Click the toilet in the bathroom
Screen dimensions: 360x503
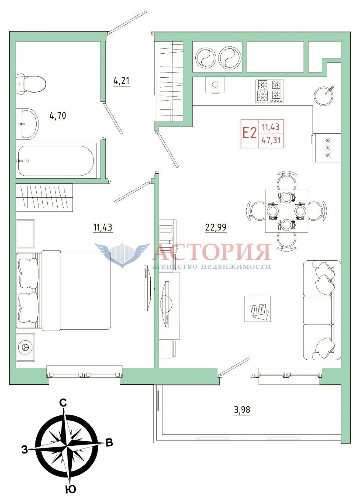[31, 84]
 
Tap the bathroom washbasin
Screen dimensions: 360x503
[27, 124]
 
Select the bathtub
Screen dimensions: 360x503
[56, 161]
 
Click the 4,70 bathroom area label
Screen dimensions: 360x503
[58, 116]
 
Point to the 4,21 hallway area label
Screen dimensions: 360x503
[121, 80]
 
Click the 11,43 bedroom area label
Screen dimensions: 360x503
[103, 227]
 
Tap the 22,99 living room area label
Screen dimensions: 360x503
[216, 227]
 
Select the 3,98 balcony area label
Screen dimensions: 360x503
[242, 410]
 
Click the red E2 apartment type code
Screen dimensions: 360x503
[250, 133]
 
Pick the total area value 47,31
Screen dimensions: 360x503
[271, 141]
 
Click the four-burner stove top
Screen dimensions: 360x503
[269, 91]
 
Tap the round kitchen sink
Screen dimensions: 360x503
[324, 95]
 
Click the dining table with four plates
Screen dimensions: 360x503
[286, 211]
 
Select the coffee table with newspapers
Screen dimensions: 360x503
[257, 309]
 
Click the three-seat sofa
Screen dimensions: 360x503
[322, 310]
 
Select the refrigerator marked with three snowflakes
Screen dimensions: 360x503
[327, 148]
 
